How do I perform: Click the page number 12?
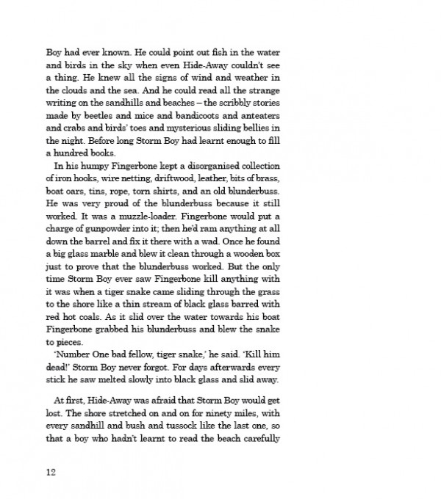point(51,471)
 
